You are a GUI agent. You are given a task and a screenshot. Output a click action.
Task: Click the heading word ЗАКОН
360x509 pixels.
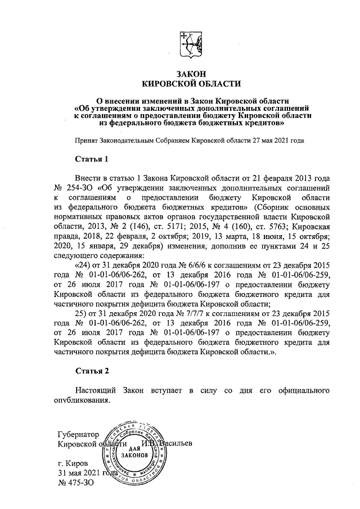pos(191,74)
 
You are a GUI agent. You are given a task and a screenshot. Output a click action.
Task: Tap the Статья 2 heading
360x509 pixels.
pos(92,371)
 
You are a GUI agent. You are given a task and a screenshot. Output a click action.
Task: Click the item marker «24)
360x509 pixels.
pos(85,264)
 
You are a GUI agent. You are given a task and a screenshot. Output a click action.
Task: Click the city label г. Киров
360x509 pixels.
pos(72,463)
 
